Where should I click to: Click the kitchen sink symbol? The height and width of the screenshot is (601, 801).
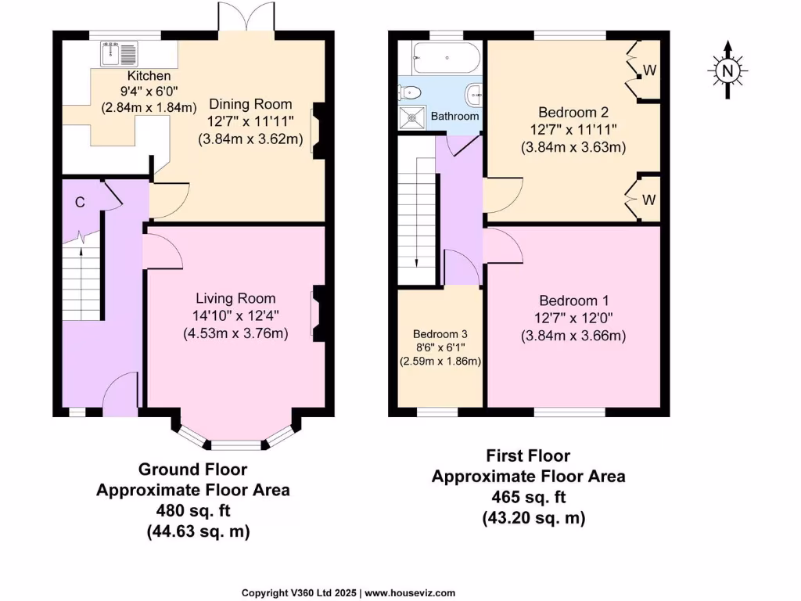click(x=119, y=55)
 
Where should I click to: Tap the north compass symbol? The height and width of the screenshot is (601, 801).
click(x=727, y=70)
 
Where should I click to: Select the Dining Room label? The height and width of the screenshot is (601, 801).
click(x=250, y=104)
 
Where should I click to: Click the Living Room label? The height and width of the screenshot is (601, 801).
click(x=235, y=298)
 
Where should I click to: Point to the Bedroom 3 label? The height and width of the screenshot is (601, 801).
click(x=440, y=334)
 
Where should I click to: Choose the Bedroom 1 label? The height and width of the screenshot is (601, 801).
click(x=574, y=301)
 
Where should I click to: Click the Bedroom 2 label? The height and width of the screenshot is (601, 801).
click(x=573, y=112)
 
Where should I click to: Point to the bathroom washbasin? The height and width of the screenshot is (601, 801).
click(x=474, y=95)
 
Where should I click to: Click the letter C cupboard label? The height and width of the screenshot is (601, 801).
click(x=80, y=202)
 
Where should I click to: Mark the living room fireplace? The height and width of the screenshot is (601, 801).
click(x=319, y=313)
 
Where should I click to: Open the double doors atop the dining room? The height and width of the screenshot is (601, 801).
click(x=246, y=17)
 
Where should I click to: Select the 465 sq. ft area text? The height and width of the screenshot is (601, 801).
click(x=528, y=497)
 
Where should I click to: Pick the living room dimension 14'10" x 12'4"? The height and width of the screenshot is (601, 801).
click(x=235, y=316)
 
